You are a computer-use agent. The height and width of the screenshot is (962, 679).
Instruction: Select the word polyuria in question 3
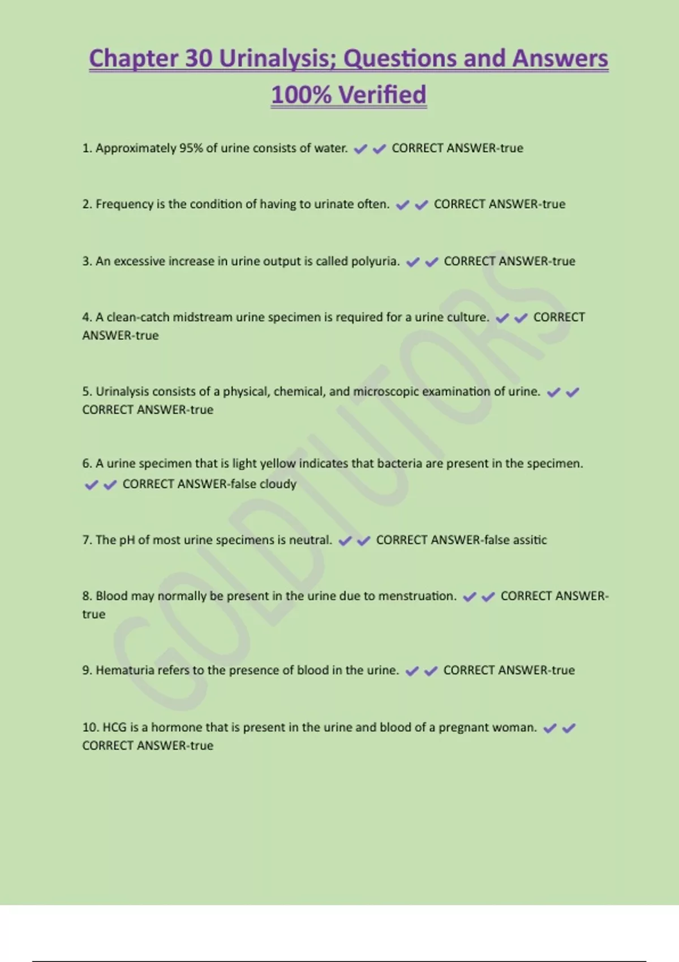click(375, 261)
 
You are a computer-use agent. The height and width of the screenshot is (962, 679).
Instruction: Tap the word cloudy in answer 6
click(278, 484)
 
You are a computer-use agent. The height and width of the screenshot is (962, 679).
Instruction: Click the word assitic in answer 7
click(530, 540)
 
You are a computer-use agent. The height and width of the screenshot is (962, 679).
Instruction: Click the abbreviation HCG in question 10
click(114, 727)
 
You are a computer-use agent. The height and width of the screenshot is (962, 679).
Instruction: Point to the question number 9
click(87, 670)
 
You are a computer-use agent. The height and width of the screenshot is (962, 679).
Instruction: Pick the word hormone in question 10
click(175, 727)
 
